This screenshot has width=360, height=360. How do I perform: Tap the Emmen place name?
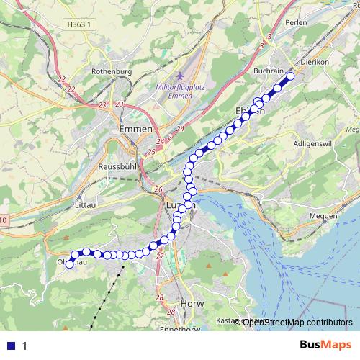(x=135, y=129)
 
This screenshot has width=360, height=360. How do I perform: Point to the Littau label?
(x=86, y=205)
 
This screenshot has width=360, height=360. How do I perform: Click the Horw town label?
(x=194, y=304)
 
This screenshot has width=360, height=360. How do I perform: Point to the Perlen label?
(x=297, y=22)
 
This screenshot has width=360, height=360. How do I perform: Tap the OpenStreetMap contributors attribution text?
(x=297, y=322)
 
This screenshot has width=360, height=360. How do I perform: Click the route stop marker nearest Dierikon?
(x=291, y=76)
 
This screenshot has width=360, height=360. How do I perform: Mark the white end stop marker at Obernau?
(x=70, y=264)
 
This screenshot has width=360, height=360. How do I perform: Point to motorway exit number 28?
(x=160, y=297)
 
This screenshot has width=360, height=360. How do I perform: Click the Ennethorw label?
(x=189, y=330)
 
